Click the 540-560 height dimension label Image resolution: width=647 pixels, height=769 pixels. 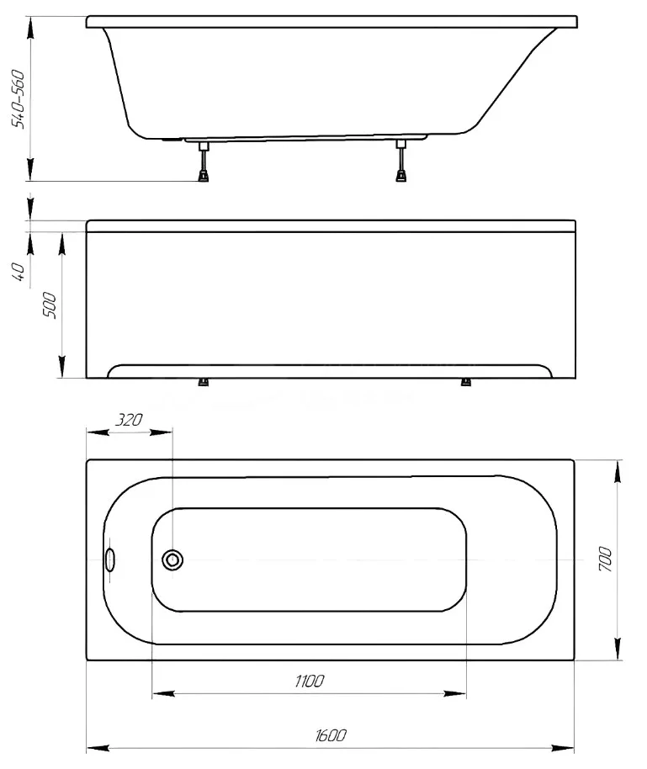pyautogui.click(x=19, y=99)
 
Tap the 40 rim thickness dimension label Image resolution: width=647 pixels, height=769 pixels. pyautogui.click(x=19, y=271)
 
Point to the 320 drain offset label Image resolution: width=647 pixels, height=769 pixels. pyautogui.click(x=129, y=420)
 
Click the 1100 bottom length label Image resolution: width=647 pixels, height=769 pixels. pyautogui.click(x=310, y=681)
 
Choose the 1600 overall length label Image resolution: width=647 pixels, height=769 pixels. pyautogui.click(x=331, y=735)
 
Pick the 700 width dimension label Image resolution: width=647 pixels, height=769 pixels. pyautogui.click(x=605, y=560)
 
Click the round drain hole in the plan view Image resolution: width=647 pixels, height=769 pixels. pyautogui.click(x=172, y=560)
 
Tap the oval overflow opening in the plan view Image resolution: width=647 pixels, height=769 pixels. pyautogui.click(x=110, y=560)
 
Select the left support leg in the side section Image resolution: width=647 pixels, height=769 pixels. pyautogui.click(x=203, y=162)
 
